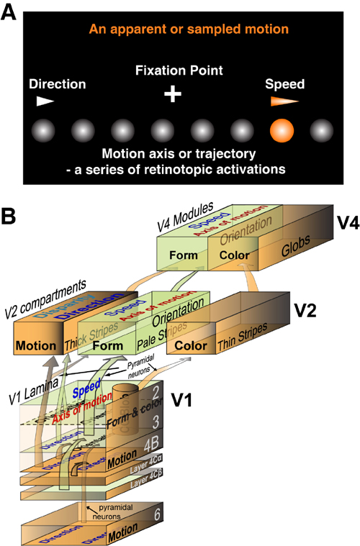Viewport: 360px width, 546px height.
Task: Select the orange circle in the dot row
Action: click(x=282, y=132)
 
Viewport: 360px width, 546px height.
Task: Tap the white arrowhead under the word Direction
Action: click(x=45, y=101)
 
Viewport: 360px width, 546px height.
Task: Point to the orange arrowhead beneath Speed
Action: click(x=285, y=101)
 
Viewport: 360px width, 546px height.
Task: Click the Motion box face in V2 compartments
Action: click(x=35, y=345)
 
